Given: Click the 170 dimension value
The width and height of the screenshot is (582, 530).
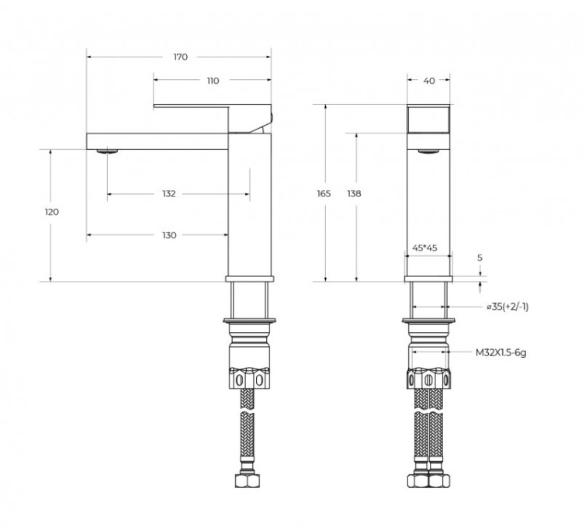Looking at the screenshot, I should [180, 57].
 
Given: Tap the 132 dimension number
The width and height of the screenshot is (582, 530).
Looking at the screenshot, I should [169, 193].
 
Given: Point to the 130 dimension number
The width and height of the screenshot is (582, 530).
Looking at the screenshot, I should [169, 235].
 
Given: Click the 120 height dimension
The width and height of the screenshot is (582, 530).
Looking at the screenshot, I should [52, 212].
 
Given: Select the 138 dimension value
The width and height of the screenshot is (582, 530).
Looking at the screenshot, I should [354, 193].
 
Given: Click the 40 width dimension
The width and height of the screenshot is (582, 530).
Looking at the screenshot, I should [429, 81].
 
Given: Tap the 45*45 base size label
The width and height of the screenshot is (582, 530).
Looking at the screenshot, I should [426, 248].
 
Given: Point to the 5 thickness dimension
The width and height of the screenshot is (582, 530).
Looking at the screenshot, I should [480, 257].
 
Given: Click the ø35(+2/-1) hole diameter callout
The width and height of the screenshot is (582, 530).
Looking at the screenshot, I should [508, 307].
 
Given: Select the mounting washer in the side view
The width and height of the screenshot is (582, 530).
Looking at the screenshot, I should [249, 319].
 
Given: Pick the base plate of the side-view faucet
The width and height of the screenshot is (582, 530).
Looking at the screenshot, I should [249, 278].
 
